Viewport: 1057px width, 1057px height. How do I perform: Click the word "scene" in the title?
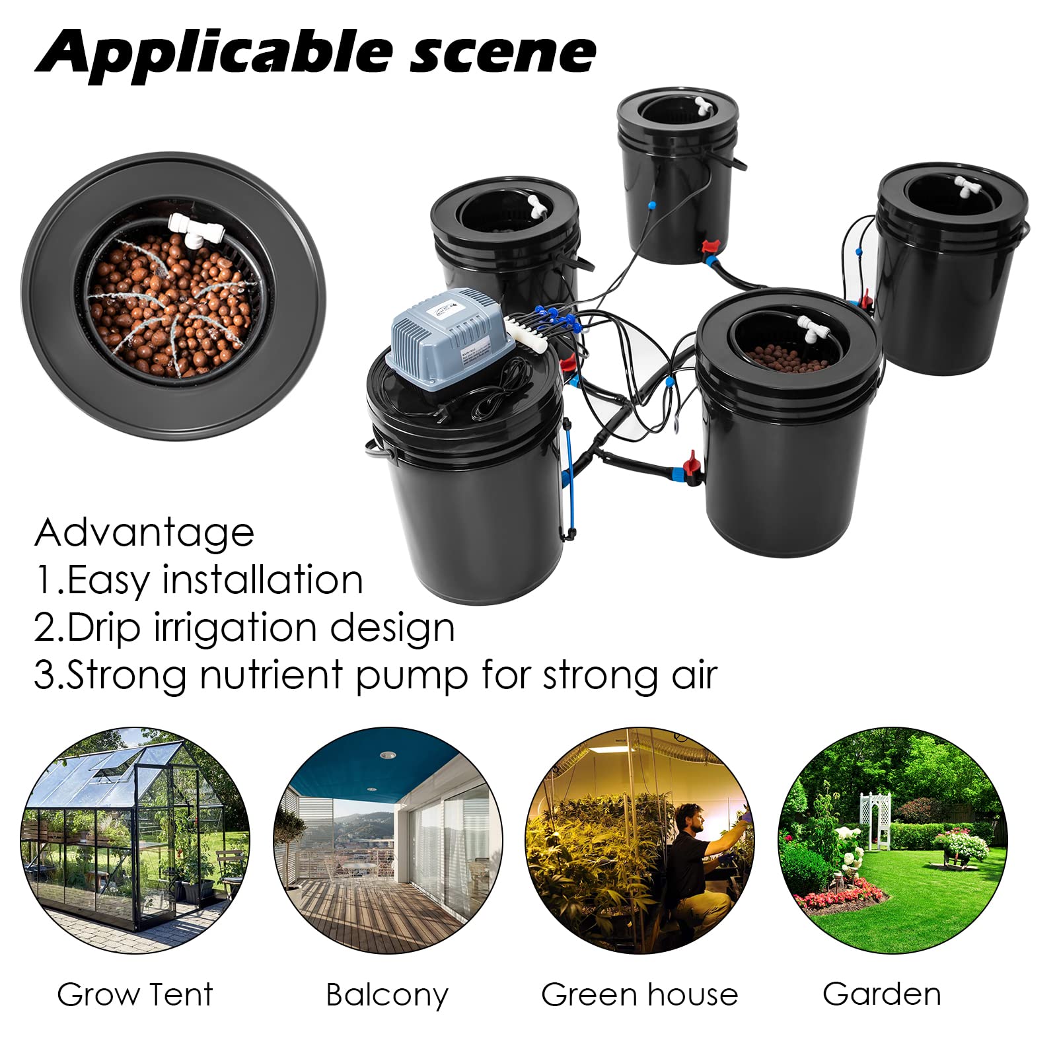pyautogui.click(x=503, y=53)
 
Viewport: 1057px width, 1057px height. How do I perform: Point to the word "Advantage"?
pyautogui.click(x=144, y=532)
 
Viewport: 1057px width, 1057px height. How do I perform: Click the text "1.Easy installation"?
pyautogui.click(x=199, y=580)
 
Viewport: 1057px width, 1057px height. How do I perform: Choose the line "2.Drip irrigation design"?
pyautogui.click(x=244, y=628)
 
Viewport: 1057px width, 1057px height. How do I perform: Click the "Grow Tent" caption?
pyautogui.click(x=135, y=994)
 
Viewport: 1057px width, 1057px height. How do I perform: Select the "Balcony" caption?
pyautogui.click(x=387, y=995)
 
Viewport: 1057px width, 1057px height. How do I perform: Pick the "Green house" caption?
pyautogui.click(x=639, y=994)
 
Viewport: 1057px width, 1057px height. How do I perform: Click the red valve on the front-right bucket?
pyautogui.click(x=690, y=460)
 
